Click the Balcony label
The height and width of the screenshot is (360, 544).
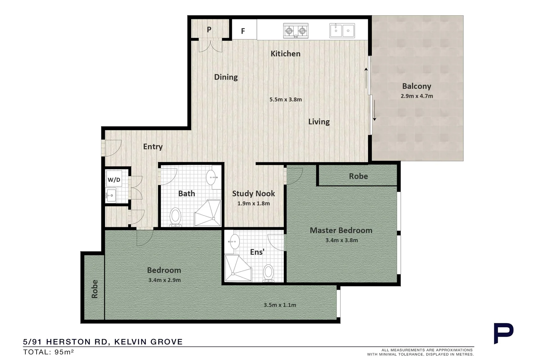pos(416,86)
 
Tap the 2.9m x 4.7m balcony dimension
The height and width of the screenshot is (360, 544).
pos(416,96)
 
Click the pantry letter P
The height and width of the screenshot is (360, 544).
pos(209,29)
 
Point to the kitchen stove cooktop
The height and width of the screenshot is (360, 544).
pos(295,31)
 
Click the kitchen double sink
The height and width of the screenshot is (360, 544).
pos(342,31)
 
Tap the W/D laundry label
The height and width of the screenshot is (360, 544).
pos(114,180)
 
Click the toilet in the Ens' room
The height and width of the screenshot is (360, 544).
pos(268,273)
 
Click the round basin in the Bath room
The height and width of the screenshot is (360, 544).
pos(212,177)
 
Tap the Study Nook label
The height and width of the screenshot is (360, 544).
pos(254,193)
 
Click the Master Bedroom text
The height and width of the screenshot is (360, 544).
pos(341,230)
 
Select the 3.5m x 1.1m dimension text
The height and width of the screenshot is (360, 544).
pos(280,305)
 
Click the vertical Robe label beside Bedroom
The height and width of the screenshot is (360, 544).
pos(95,289)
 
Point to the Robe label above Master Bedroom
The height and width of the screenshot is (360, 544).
pos(358,176)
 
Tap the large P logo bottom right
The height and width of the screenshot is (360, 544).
pos(503,333)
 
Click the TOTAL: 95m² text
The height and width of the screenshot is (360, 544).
pos(48,352)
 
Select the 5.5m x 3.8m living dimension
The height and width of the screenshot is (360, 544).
pos(285,99)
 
